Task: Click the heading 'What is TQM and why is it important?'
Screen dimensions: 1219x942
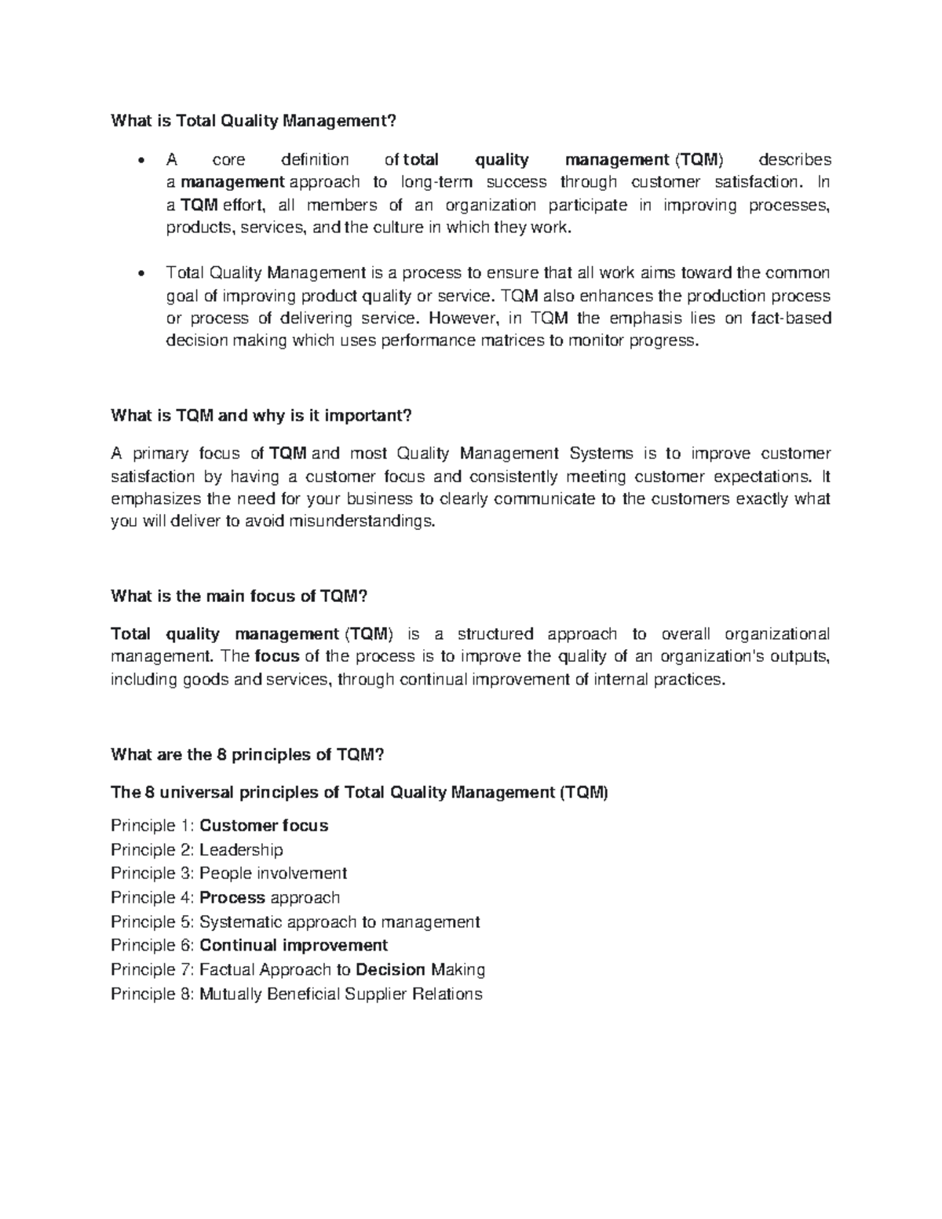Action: tap(261, 415)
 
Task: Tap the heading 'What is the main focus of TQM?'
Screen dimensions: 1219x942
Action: tap(239, 597)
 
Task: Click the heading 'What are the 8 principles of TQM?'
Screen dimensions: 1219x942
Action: tap(248, 755)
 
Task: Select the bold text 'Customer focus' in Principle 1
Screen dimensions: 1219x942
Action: tap(264, 826)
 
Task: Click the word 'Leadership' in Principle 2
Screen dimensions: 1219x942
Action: tap(241, 850)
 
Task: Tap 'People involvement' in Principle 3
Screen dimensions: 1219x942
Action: tap(272, 874)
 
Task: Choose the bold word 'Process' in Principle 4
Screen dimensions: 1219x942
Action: tap(232, 898)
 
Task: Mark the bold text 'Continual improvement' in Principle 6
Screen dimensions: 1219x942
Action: tap(294, 946)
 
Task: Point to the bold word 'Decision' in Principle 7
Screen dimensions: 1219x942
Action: tap(390, 970)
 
